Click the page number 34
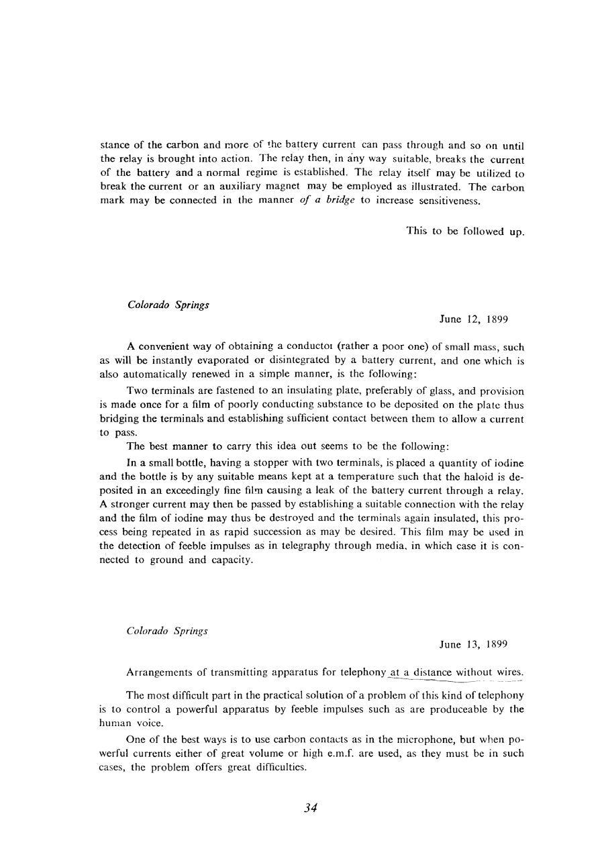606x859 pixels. pos(309,807)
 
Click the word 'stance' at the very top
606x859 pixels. pos(113,145)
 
